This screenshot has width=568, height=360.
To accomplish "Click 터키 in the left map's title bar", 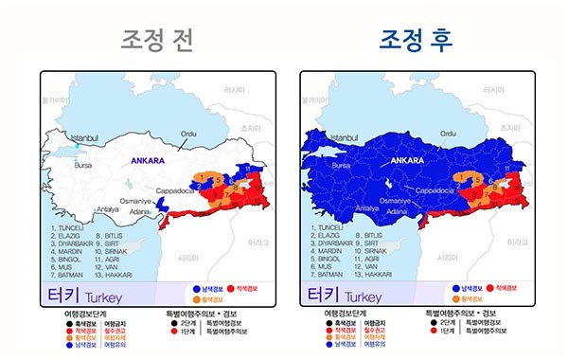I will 65,295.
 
